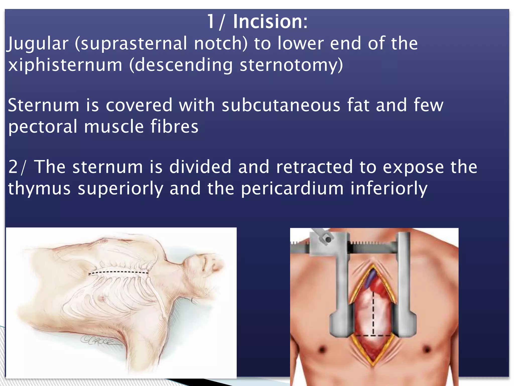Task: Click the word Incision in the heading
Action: pyautogui.click(x=270, y=22)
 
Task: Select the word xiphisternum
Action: pyautogui.click(x=65, y=65)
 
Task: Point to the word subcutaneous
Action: pyautogui.click(x=281, y=105)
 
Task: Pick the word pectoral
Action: pyautogui.click(x=43, y=127)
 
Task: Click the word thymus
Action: pyautogui.click(x=39, y=189)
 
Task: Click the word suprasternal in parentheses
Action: pyautogui.click(x=131, y=44)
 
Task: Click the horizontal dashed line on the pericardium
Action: pyautogui.click(x=373, y=335)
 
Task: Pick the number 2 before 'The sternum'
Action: pyautogui.click(x=13, y=167)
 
